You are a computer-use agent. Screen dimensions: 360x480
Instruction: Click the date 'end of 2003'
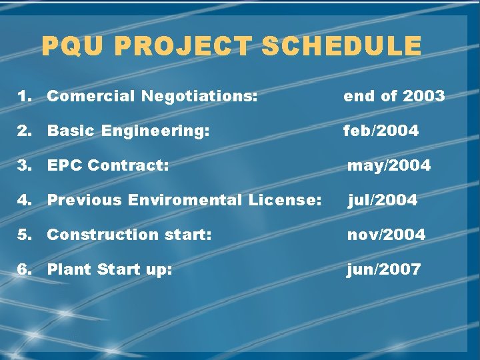pyautogui.click(x=393, y=96)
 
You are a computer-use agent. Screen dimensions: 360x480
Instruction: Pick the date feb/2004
pyautogui.click(x=381, y=131)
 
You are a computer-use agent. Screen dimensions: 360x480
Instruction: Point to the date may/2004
pyautogui.click(x=389, y=165)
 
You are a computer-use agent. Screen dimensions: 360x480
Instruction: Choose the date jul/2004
pyautogui.click(x=382, y=200)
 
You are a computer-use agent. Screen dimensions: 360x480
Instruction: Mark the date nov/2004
pyautogui.click(x=386, y=235)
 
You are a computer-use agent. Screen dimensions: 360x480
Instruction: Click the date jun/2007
pyautogui.click(x=383, y=269)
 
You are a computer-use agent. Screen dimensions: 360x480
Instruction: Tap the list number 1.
pyautogui.click(x=24, y=96)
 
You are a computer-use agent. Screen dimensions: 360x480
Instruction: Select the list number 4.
pyautogui.click(x=24, y=200)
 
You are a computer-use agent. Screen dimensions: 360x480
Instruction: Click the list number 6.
pyautogui.click(x=24, y=269)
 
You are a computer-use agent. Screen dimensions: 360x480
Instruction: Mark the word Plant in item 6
pyautogui.click(x=69, y=269)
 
